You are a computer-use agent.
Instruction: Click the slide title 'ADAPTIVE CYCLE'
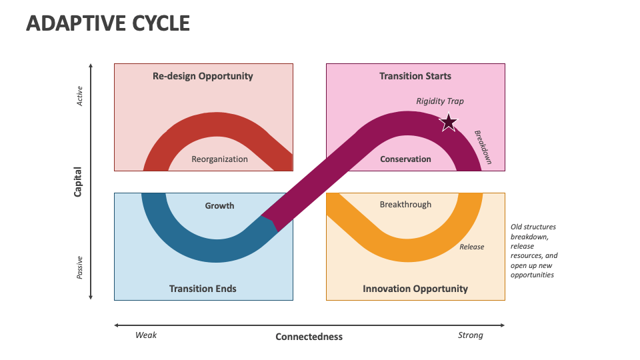[108, 23]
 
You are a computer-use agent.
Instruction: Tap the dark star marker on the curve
[448, 123]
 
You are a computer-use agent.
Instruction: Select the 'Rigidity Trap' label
[440, 101]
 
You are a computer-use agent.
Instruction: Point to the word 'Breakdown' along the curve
[483, 147]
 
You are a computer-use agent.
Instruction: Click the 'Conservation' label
[405, 159]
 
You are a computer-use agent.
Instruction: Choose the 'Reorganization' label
[219, 159]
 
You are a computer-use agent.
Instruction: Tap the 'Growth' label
[219, 206]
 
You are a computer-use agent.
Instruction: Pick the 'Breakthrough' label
[405, 205]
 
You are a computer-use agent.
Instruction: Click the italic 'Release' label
[472, 247]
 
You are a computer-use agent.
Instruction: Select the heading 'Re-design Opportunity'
[203, 76]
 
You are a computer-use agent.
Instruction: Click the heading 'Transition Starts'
[415, 76]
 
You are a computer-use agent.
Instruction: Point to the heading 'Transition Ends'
[203, 289]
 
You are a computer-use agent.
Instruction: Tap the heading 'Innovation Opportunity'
[415, 289]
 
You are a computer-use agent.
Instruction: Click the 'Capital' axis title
[77, 181]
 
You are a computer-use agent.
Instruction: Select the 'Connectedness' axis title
[309, 337]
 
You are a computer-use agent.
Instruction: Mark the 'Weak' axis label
[146, 335]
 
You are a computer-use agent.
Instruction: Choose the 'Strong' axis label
[470, 335]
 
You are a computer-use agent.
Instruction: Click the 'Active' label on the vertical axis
[79, 96]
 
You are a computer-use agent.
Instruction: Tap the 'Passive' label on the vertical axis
[79, 268]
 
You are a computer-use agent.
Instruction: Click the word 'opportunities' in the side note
[532, 275]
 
